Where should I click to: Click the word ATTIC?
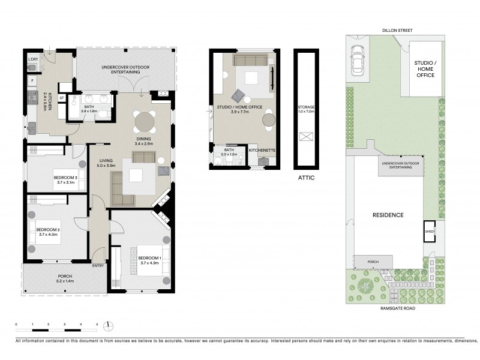pos(306,178)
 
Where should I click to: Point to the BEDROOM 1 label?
pos(139,260)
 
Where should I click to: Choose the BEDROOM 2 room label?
pos(49,232)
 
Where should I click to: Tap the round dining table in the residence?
pos(145,122)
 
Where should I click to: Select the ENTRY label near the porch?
pos(98,266)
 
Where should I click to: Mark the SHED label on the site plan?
pos(429,231)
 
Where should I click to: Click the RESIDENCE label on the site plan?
pos(388,215)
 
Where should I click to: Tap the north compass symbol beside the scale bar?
pos(108,326)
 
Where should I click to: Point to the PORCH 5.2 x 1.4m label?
pos(64,278)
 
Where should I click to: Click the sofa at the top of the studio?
pos(251,60)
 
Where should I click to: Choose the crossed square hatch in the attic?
pos(306,137)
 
